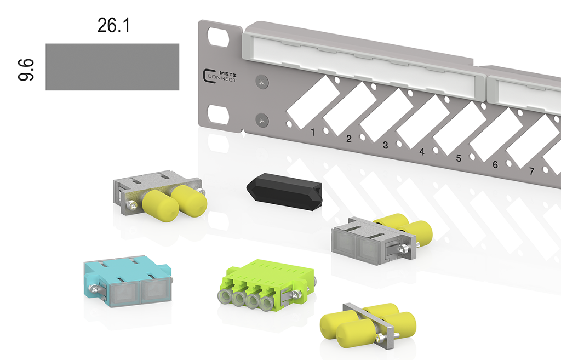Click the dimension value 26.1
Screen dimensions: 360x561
point(113,25)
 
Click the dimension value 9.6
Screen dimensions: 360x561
point(27,70)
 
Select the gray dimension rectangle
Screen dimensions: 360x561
point(112,67)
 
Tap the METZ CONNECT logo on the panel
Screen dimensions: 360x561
point(220,77)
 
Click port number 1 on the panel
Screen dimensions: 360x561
point(312,132)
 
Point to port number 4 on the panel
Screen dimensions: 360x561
point(422,151)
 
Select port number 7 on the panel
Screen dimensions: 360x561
point(531,171)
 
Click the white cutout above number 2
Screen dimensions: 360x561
point(350,108)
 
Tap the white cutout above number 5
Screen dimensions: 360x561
point(459,128)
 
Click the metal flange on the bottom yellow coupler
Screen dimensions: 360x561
point(370,325)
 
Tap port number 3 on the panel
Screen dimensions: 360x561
point(385,145)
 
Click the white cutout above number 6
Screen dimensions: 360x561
point(496,135)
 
